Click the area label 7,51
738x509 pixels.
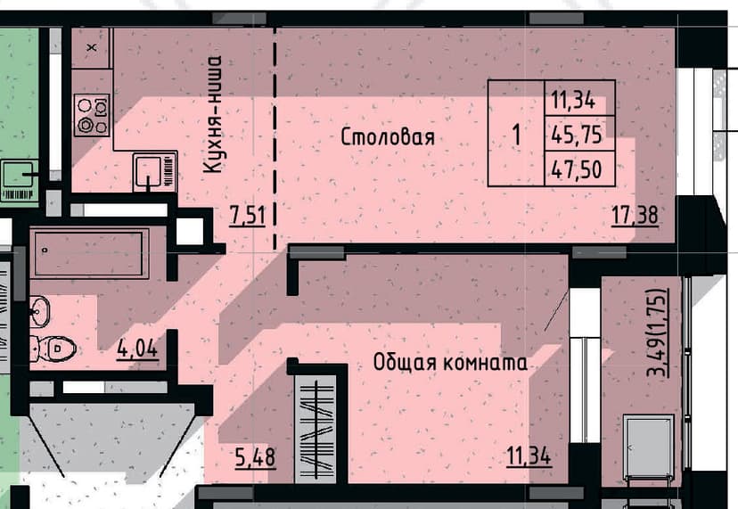(248, 216)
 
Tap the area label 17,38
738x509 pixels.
(635, 216)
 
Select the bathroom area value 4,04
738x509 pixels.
(137, 349)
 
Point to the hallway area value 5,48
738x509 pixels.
(255, 457)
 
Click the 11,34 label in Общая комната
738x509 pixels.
(529, 456)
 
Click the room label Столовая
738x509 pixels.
(388, 137)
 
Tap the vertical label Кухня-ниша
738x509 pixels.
(212, 114)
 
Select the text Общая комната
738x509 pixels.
(450, 363)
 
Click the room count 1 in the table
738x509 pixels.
(517, 135)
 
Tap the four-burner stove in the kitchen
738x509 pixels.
(93, 115)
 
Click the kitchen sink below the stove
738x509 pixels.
(154, 171)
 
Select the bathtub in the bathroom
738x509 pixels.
(89, 253)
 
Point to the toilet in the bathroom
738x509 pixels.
(53, 349)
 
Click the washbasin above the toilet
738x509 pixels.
(39, 311)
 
